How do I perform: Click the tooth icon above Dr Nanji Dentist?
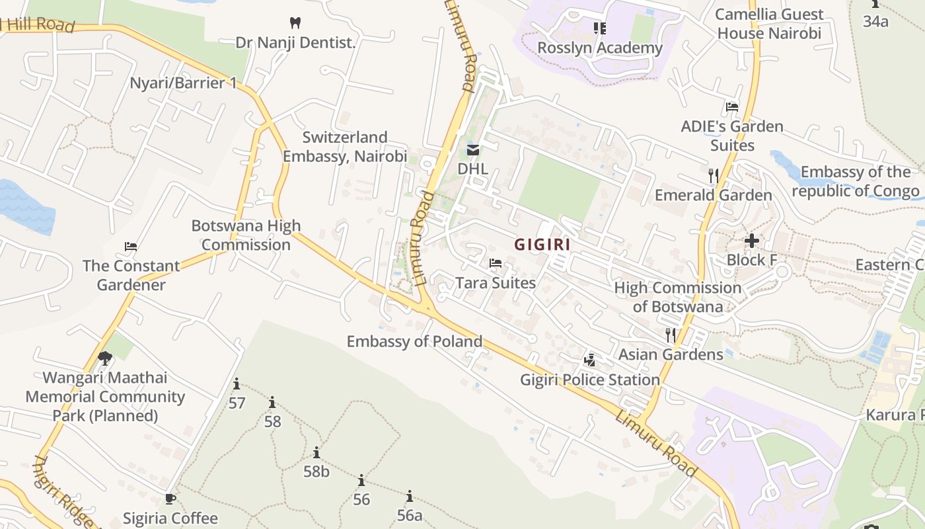click(295, 22)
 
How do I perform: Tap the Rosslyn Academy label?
click(599, 48)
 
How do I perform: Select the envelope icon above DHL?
click(473, 150)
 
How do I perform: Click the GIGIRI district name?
click(542, 244)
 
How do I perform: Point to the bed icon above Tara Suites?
click(496, 263)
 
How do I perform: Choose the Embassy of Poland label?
click(414, 341)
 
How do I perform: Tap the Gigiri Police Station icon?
click(589, 360)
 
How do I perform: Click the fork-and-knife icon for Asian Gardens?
click(671, 335)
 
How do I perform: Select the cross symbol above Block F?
click(751, 241)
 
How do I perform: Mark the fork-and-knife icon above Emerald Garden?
click(714, 175)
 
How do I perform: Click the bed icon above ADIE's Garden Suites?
click(731, 106)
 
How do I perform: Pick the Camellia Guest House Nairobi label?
click(769, 24)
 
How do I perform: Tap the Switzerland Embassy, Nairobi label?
click(345, 147)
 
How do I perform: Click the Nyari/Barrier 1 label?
click(183, 83)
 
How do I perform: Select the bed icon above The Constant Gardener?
click(131, 247)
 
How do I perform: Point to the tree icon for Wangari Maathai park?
click(104, 358)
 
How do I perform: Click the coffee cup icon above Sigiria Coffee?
click(170, 499)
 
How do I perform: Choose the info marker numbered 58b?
click(316, 453)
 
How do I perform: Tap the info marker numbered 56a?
click(410, 496)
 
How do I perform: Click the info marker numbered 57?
click(237, 384)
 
